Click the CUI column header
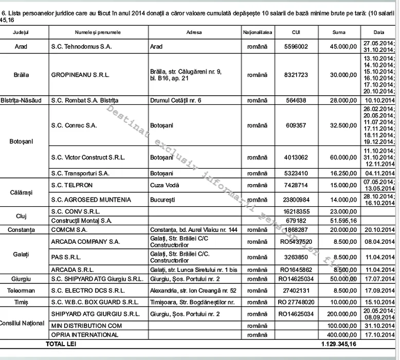pos(296,32)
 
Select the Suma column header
pos(339,32)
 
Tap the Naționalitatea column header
pos(258,32)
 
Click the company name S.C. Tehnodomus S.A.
pos(81,46)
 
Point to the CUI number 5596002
pos(296,46)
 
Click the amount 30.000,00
pos(343,75)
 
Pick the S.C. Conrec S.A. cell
pos(74,125)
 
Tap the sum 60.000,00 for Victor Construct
pos(343,157)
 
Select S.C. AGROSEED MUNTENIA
pos(91,200)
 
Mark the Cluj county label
pos(22,216)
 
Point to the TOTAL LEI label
pos(61,344)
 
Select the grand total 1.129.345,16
pos(339,344)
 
